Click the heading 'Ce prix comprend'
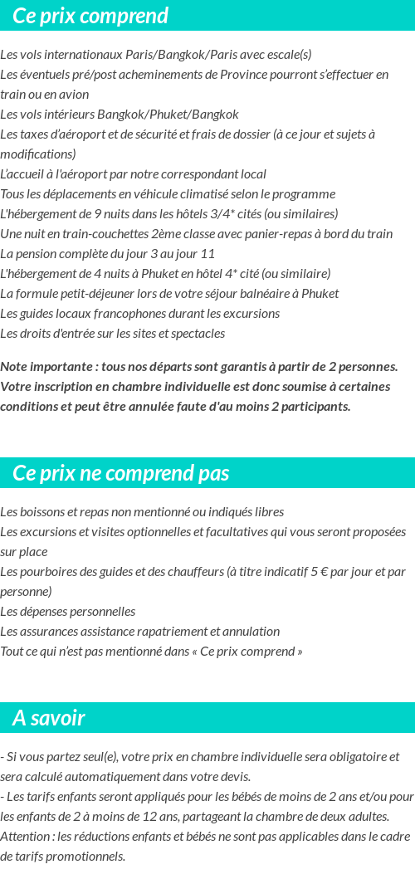click(x=90, y=16)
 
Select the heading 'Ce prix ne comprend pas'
click(x=121, y=473)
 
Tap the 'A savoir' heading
click(x=49, y=718)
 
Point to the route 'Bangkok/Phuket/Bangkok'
click(x=168, y=115)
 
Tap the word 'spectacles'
click(x=196, y=334)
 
